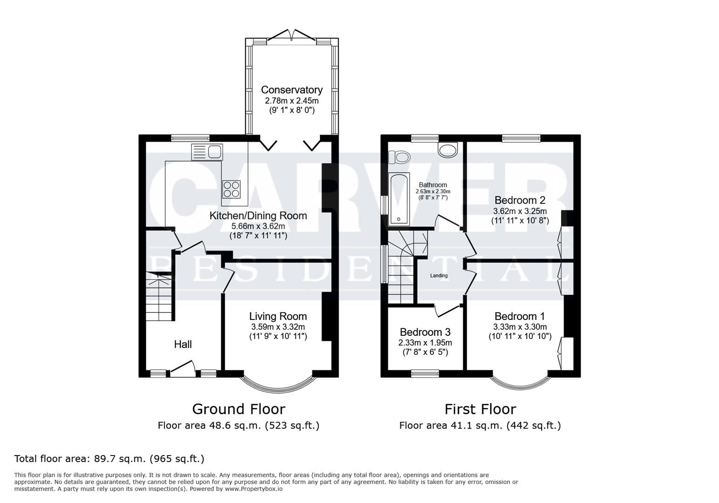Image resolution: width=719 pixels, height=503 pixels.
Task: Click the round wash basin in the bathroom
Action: [x=448, y=150]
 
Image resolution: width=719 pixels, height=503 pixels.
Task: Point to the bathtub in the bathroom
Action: [x=399, y=199]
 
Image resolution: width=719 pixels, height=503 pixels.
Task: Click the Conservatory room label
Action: [x=292, y=90]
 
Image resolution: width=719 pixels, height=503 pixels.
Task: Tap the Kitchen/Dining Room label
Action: [x=258, y=216]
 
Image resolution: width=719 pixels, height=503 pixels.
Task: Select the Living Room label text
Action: [x=278, y=317]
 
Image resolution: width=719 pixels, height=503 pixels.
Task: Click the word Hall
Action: [x=183, y=345]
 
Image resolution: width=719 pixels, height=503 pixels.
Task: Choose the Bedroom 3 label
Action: [x=425, y=333]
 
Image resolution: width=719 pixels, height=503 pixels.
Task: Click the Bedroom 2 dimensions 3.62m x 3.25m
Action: [x=520, y=211]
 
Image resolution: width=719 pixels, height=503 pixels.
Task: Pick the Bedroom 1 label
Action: [x=520, y=317]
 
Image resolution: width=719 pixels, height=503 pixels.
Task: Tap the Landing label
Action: [x=439, y=276]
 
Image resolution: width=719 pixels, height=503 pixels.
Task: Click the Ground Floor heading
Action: [x=238, y=409]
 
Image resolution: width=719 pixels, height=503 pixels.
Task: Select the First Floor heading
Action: [x=480, y=409]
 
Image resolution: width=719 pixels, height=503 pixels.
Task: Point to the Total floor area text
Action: [x=109, y=459]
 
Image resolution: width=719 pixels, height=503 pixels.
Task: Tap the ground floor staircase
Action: [x=159, y=298]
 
